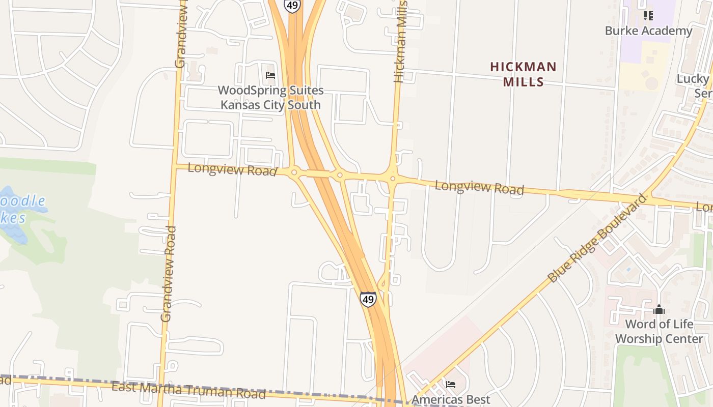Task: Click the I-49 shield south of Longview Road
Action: point(368,299)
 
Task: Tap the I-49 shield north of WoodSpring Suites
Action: point(292,6)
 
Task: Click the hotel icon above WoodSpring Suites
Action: point(270,75)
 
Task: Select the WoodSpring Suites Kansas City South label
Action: point(270,98)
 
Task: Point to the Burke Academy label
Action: point(648,31)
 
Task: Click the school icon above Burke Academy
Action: point(648,16)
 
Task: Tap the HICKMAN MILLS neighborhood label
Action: point(524,74)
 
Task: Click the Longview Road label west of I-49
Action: point(232,169)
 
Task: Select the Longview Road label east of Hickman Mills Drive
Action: point(479,187)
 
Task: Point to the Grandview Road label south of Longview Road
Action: point(168,274)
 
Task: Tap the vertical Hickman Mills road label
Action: point(401,41)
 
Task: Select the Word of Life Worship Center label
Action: point(659,331)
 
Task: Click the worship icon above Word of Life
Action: point(659,309)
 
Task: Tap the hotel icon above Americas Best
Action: point(450,385)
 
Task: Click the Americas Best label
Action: point(451,399)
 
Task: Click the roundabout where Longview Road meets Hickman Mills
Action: point(392,178)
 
